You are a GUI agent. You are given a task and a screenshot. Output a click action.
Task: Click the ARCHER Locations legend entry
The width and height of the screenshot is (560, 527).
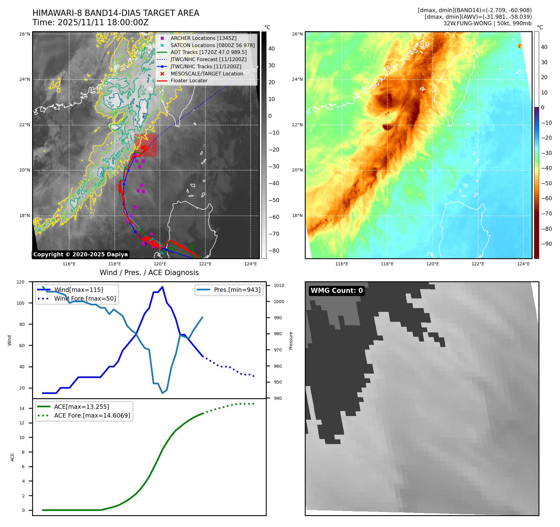coord(203,38)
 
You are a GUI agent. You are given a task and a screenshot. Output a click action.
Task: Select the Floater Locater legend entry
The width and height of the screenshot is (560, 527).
coord(189,80)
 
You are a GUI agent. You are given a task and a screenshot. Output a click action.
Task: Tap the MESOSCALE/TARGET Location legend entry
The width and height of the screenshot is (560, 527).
coord(207,74)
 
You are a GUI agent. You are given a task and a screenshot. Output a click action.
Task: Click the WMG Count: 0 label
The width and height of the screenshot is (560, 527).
coord(337,291)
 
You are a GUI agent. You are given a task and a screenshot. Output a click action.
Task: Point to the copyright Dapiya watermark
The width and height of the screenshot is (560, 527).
coord(80,254)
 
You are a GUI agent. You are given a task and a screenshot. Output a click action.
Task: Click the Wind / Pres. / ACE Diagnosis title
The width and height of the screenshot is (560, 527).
coord(149,273)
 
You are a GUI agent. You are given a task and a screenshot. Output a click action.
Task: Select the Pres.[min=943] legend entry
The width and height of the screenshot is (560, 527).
coord(237,290)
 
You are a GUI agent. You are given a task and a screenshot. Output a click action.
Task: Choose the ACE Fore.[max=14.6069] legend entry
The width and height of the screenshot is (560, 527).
coord(92,415)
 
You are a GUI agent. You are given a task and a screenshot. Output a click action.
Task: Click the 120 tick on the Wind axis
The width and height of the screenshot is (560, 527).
coord(21,282)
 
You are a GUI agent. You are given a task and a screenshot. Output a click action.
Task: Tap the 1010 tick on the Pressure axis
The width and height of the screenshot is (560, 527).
coord(279,285)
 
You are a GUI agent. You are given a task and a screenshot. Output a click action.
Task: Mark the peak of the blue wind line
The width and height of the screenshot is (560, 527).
coord(162,287)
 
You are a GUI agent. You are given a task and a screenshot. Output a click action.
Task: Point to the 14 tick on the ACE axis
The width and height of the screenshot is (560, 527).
coord(22,409)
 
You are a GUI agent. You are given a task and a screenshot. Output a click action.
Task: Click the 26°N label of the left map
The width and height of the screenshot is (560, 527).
coord(25,34)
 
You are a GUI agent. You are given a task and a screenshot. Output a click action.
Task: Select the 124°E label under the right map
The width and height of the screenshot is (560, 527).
coord(523,264)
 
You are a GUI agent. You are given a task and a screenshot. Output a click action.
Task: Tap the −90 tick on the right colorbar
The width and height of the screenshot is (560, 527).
coord(546,244)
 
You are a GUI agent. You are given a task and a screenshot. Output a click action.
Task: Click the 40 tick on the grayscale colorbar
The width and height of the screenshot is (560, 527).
coord(271,49)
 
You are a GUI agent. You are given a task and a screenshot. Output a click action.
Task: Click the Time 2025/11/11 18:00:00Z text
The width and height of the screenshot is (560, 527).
coord(90,22)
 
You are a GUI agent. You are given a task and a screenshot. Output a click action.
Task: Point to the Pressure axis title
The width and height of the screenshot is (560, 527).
coord(291,340)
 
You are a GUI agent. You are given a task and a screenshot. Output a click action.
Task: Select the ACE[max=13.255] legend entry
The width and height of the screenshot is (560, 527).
coord(81,407)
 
